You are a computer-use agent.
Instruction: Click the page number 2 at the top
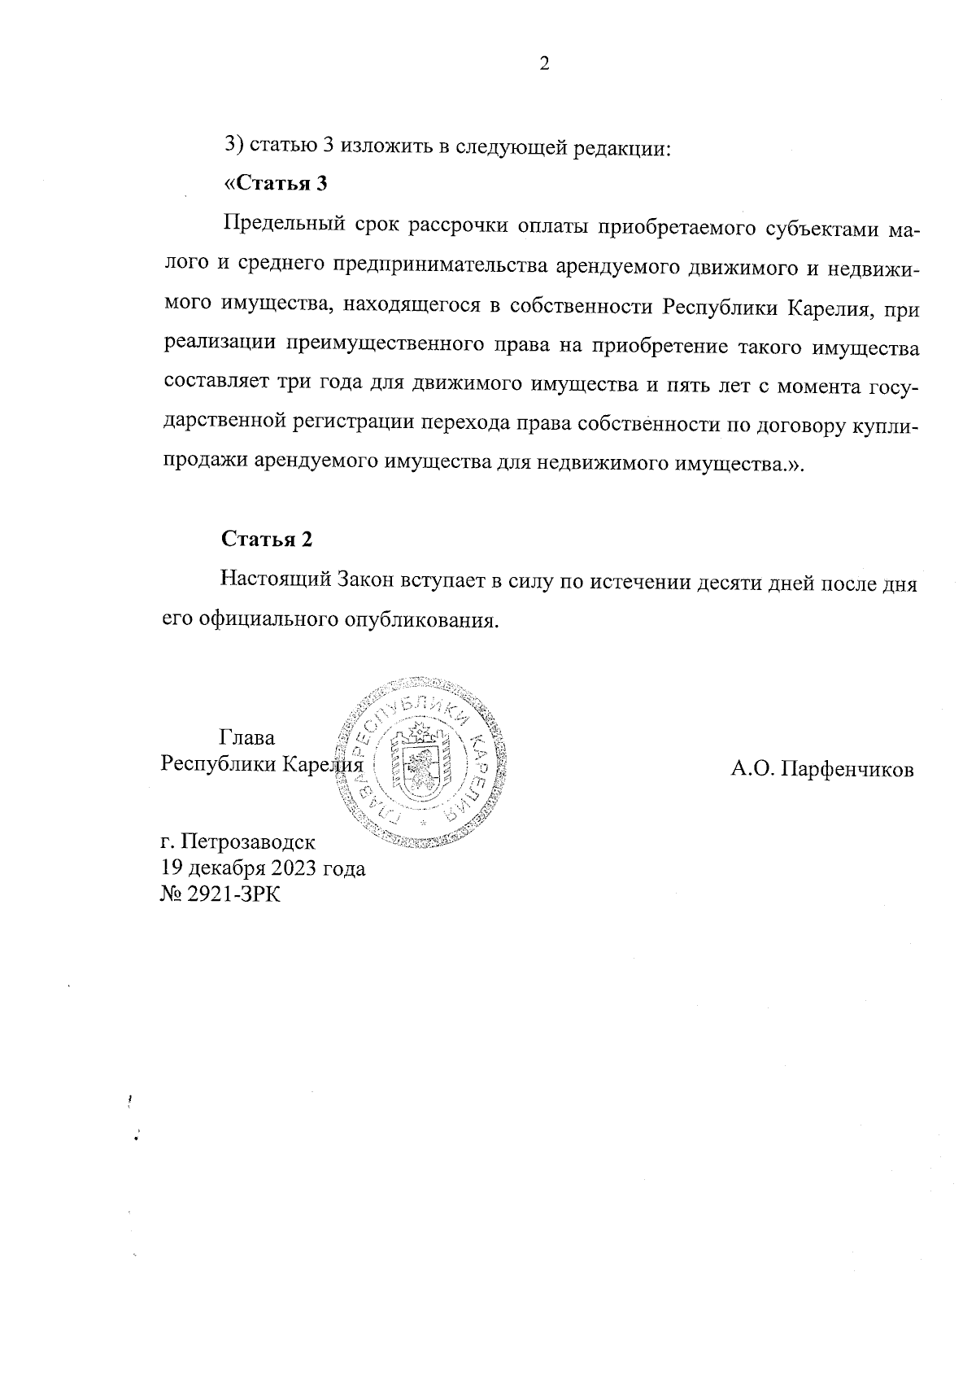point(544,64)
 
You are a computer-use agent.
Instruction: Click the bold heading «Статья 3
point(275,184)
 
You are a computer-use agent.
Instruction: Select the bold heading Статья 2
point(267,540)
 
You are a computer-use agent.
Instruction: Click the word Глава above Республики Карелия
point(247,738)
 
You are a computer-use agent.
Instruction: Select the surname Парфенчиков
point(848,769)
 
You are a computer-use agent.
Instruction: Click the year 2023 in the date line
point(298,868)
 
